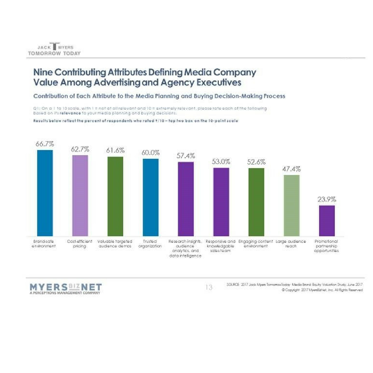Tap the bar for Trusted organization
point(151,197)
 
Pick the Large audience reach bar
point(292,205)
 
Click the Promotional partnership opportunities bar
point(327,220)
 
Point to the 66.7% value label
point(45,143)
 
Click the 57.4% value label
point(186,155)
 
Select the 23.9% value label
point(327,199)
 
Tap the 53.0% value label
point(221,162)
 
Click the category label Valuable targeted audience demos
point(115,244)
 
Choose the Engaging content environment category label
point(256,244)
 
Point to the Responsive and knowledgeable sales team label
point(221,246)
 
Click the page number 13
point(209,287)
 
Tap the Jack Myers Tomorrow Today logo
point(54,49)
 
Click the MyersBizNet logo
point(65,288)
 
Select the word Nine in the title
point(43,72)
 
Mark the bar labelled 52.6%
point(256,202)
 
